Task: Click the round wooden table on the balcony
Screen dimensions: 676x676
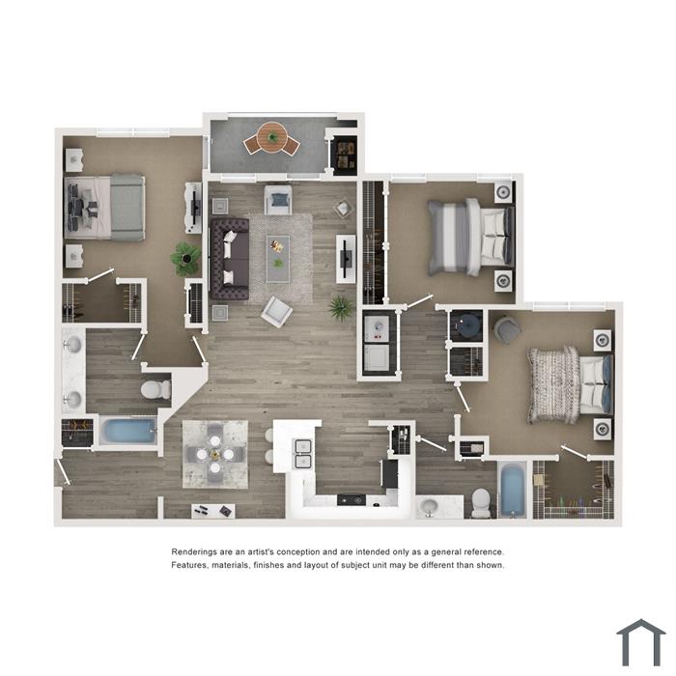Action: point(272,137)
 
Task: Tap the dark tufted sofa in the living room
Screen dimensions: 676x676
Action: point(230,259)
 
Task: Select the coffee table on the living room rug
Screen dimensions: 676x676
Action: point(278,259)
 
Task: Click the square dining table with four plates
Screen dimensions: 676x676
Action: point(215,454)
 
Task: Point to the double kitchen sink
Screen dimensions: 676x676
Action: point(303,454)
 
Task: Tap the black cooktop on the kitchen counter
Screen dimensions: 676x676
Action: point(352,499)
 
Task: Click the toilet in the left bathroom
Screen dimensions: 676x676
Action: point(156,390)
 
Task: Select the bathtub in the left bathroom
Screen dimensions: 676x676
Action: point(128,431)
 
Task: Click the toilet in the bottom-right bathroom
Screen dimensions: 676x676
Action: point(481,503)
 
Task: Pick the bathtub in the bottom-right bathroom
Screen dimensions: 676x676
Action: point(513,490)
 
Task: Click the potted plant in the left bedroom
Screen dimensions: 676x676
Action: point(185,259)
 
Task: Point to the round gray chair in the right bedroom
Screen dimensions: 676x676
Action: point(507,330)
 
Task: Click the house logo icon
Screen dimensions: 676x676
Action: point(641,642)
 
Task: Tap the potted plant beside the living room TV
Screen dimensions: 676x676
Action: point(341,308)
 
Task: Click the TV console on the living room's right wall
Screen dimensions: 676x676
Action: point(346,259)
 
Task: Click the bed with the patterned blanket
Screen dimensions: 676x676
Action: point(570,384)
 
